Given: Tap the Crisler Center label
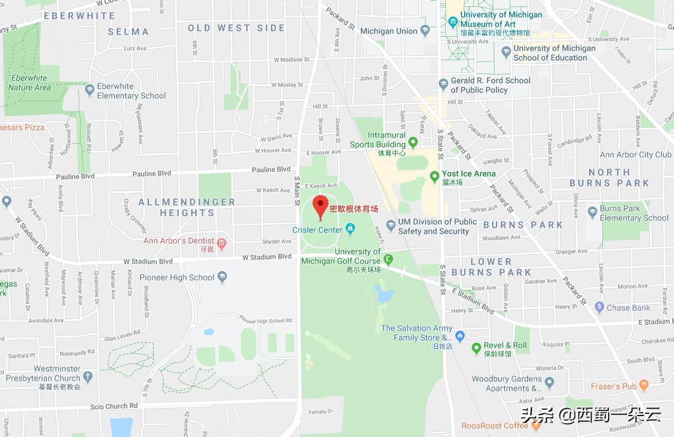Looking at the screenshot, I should (317, 230).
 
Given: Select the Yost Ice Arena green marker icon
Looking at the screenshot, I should (434, 175).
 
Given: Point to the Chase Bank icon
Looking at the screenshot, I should (599, 307).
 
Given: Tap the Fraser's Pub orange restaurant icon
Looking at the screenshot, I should (644, 384).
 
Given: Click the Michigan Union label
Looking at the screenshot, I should (389, 31).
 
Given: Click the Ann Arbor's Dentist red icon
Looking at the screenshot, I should (221, 243).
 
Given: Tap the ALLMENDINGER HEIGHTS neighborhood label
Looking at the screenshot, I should (186, 207).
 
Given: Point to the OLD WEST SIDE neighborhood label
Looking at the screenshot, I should (237, 28).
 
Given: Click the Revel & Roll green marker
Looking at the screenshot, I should (476, 348).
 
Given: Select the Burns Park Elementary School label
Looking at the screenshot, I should (634, 213).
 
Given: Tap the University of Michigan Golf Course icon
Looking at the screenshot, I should (389, 258).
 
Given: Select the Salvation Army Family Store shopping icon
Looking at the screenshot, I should (460, 335).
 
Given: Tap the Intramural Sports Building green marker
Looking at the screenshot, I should (413, 142).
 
